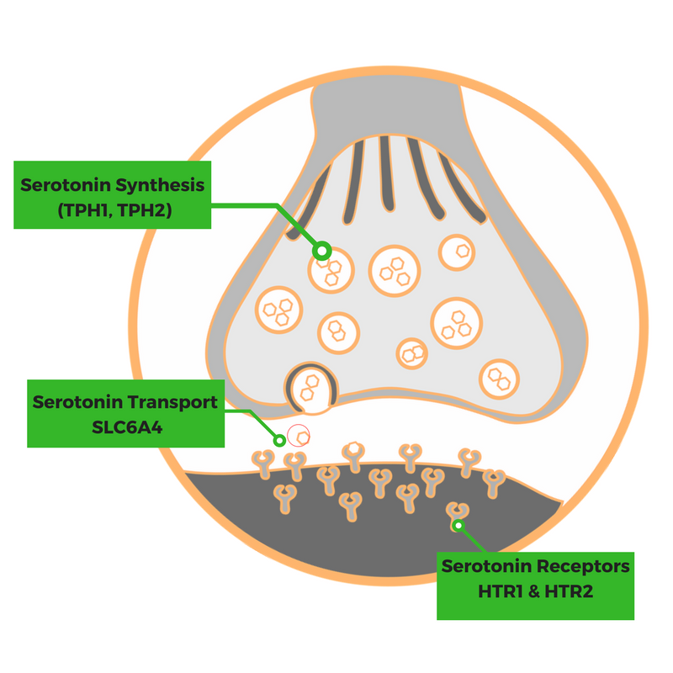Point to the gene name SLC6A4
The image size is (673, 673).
coord(125,427)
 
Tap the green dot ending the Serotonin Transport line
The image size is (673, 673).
coord(279,438)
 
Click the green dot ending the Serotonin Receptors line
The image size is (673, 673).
coord(458,526)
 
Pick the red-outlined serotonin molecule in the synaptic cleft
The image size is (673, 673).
coord(299,435)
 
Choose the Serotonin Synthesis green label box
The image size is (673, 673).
coord(112,194)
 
